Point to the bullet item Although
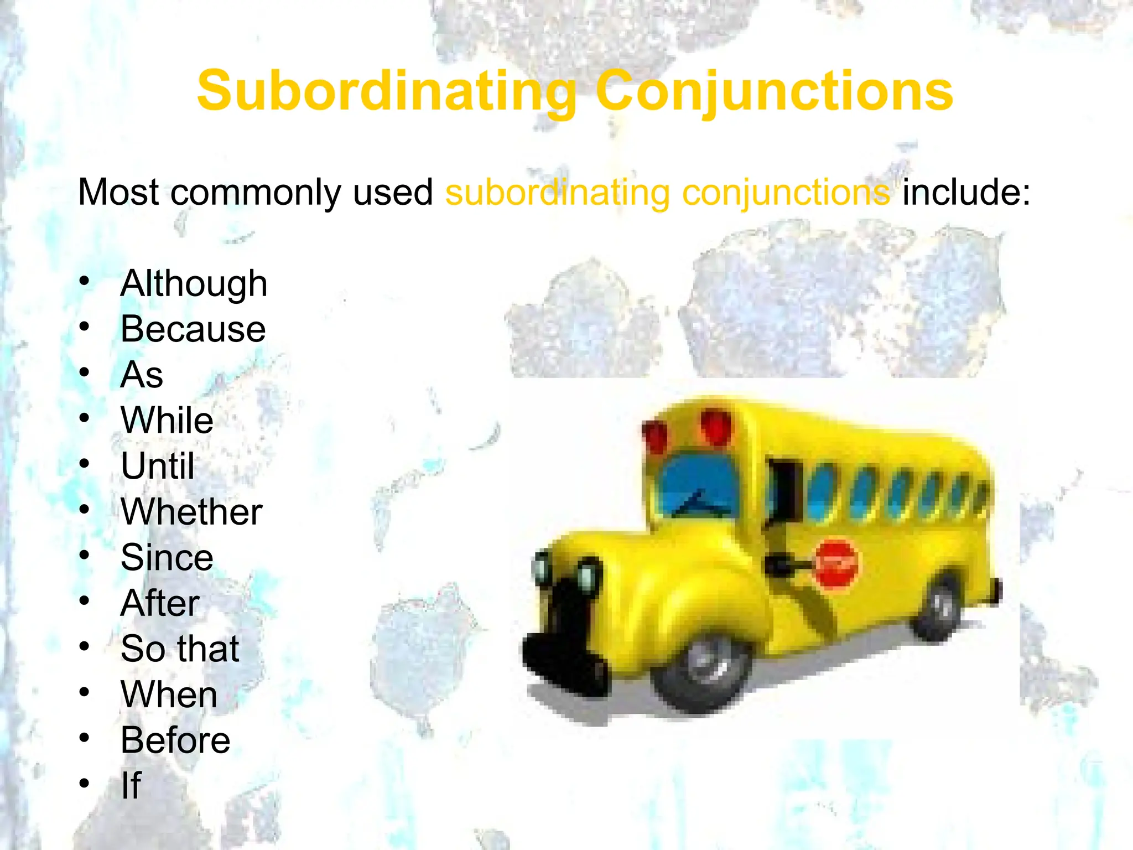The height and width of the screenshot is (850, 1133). [x=194, y=284]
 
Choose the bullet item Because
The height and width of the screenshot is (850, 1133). [x=193, y=329]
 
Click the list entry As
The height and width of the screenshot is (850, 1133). [x=142, y=375]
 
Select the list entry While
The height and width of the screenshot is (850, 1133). [x=167, y=421]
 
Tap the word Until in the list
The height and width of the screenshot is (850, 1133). [x=158, y=466]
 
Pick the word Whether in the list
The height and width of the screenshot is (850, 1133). [x=191, y=512]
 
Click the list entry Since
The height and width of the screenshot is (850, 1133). [x=167, y=557]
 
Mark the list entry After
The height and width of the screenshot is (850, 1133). [x=160, y=603]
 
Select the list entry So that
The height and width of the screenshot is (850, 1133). [x=180, y=649]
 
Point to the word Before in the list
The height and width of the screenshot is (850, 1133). [x=175, y=740]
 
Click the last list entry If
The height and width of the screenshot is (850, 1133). [x=131, y=785]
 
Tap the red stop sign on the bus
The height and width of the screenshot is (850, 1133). [x=837, y=564]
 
